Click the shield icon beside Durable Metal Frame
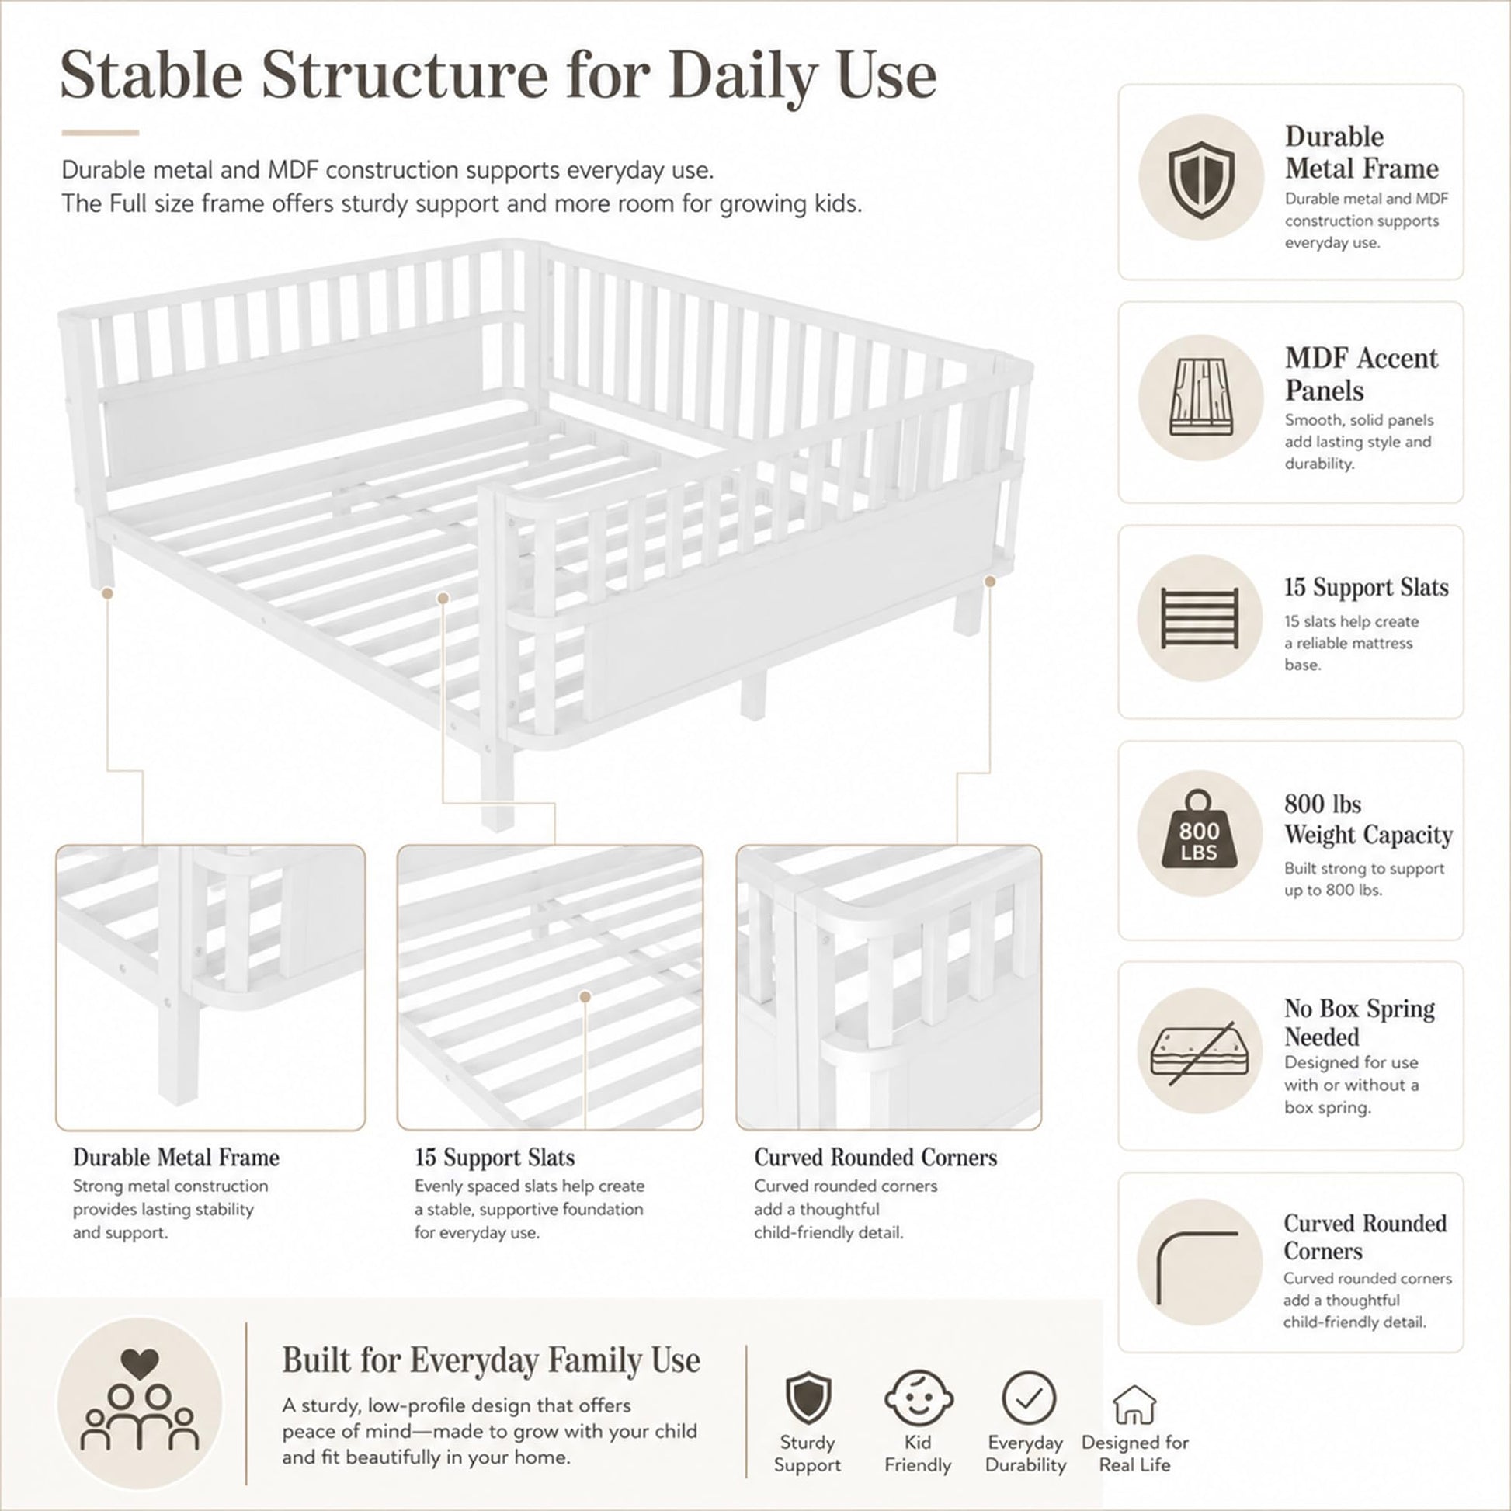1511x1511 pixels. (x=1201, y=180)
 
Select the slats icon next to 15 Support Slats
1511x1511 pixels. (x=1200, y=618)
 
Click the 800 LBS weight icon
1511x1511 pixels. (x=1199, y=830)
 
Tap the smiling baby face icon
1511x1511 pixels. (x=919, y=1398)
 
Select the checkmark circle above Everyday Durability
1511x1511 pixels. (x=1029, y=1398)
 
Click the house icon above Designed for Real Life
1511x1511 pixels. (x=1134, y=1405)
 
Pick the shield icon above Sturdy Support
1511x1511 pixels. (x=808, y=1398)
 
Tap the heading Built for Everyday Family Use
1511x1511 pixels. (x=492, y=1360)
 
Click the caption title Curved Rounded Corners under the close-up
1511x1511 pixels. (x=876, y=1158)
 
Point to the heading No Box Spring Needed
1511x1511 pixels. (x=1360, y=1022)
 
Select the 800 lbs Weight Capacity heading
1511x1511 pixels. (x=1368, y=819)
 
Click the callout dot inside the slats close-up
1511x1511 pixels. (x=585, y=996)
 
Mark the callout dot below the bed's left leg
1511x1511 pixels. (x=108, y=593)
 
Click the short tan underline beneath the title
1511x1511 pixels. (x=100, y=133)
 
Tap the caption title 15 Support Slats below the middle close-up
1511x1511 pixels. (x=495, y=1158)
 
